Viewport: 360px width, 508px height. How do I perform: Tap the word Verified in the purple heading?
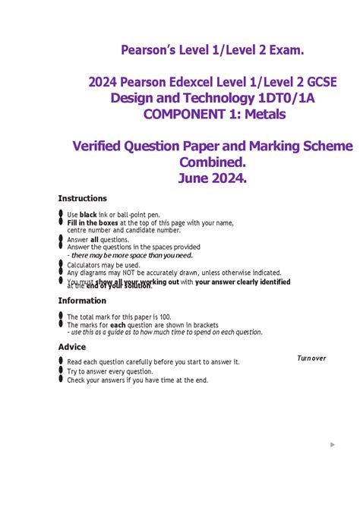[x=100, y=146]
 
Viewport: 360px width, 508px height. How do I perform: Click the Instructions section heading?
[x=83, y=199]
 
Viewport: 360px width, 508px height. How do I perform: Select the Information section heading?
[x=82, y=301]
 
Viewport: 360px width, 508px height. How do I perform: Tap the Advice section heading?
[x=72, y=347]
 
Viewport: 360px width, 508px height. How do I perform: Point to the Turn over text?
[x=311, y=358]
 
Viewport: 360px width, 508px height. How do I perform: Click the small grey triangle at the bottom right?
[x=333, y=444]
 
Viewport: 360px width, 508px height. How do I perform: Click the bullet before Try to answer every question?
[x=60, y=371]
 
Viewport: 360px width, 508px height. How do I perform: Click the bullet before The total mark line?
[x=60, y=317]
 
